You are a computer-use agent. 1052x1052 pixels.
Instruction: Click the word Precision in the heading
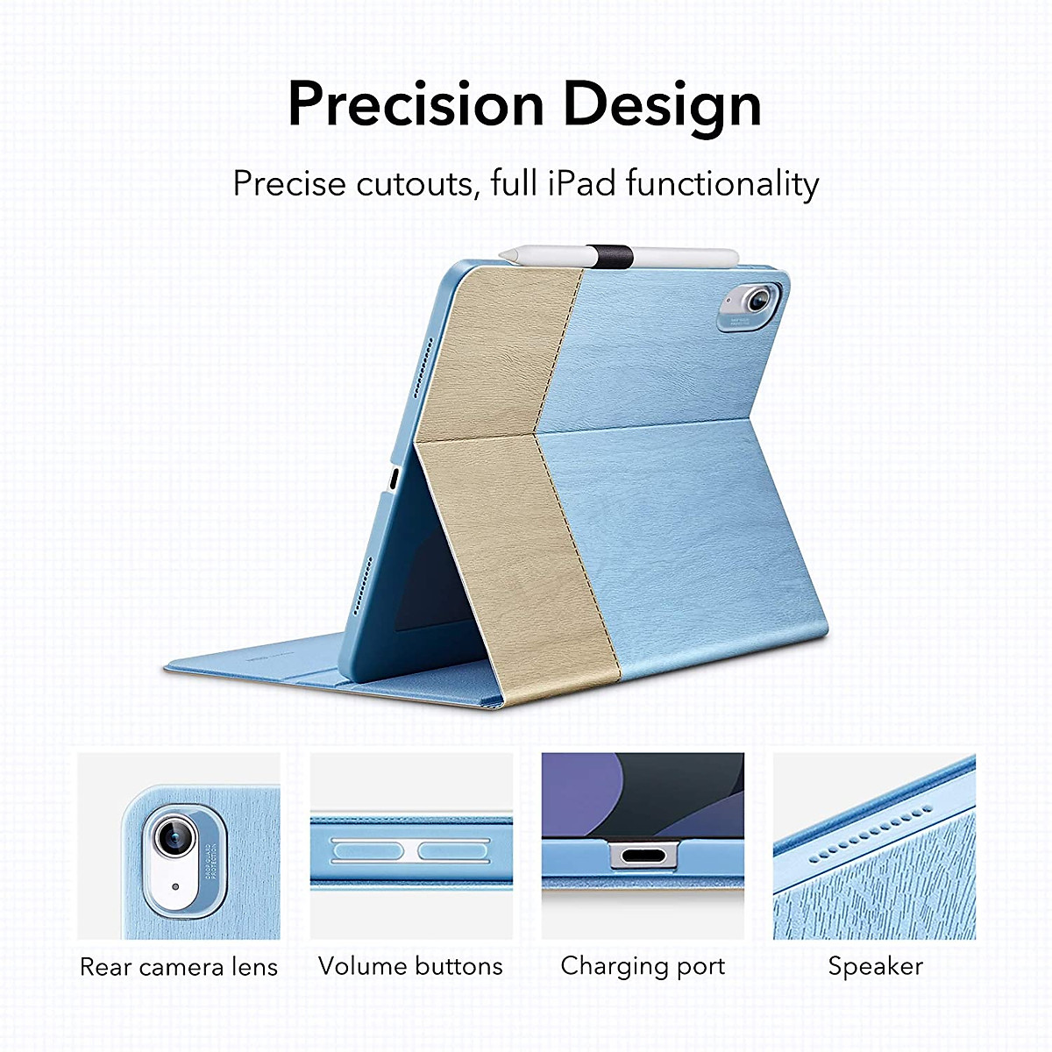pos(416,103)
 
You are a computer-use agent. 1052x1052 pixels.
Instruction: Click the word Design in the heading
pos(662,109)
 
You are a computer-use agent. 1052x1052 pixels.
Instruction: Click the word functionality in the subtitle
pos(722,184)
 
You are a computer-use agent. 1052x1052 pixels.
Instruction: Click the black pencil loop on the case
pos(610,257)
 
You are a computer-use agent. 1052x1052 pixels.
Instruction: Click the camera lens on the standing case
pos(757,300)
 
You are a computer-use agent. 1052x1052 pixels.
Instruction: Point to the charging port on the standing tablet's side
pos(394,480)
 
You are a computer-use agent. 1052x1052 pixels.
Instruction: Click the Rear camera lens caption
pos(179,966)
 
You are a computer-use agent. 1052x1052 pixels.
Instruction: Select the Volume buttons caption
pos(410,966)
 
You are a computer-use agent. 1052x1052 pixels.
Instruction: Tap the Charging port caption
pos(643,967)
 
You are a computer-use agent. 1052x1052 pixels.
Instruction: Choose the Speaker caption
pos(875,967)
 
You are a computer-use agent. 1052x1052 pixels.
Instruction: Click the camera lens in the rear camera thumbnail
pos(175,836)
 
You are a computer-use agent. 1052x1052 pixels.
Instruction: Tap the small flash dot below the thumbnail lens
pos(175,886)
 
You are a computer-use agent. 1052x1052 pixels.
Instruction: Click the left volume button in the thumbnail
pos(367,851)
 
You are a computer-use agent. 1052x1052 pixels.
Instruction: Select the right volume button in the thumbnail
pos(453,851)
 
